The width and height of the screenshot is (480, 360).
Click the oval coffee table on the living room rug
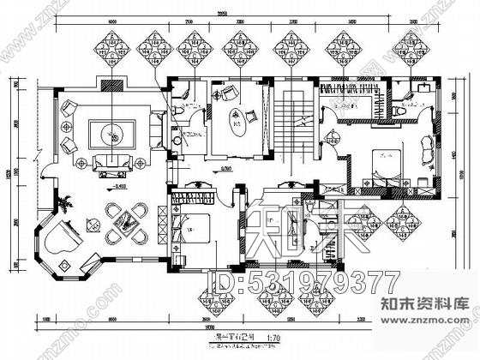[x=111, y=134]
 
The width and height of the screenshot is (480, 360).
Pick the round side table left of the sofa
[x=81, y=162]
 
